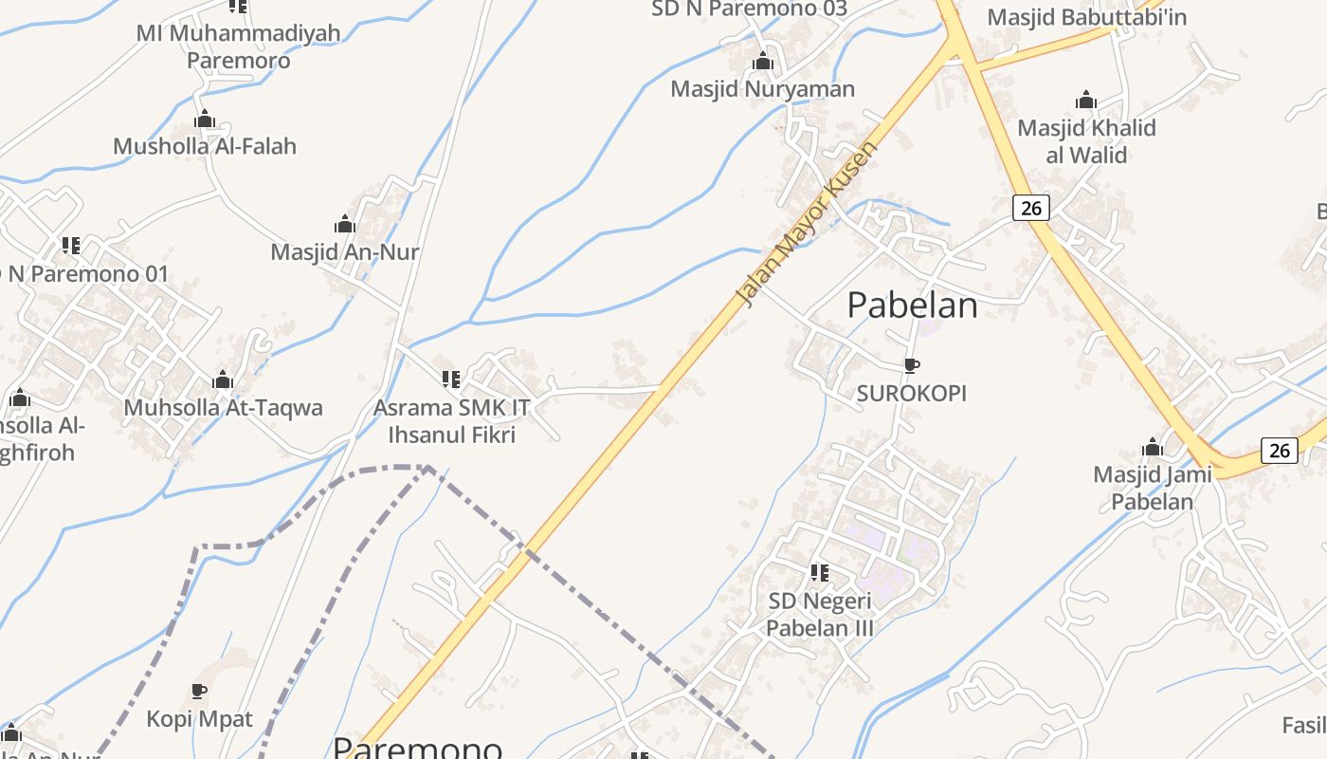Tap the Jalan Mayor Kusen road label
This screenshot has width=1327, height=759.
tap(808, 225)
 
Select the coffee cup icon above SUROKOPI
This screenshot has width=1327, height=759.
tap(912, 365)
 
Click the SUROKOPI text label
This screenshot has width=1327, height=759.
tap(912, 393)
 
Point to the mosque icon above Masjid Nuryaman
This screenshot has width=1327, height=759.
tap(763, 63)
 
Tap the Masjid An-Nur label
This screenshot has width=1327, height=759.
tap(345, 252)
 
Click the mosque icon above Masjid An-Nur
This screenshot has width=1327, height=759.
tap(345, 225)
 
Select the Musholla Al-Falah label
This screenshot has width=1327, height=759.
tap(205, 146)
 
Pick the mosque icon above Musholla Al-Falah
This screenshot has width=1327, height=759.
tap(205, 120)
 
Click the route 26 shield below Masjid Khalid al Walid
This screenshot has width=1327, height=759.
tap(1030, 207)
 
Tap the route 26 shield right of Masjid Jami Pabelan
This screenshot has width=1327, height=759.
tap(1280, 450)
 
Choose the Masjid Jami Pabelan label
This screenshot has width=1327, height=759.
tap(1153, 487)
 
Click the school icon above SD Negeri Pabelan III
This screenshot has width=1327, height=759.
tap(820, 573)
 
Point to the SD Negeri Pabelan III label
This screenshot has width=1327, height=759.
tap(820, 614)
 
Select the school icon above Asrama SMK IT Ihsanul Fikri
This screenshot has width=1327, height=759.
tap(451, 379)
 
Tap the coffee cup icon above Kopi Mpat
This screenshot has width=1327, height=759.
tap(199, 691)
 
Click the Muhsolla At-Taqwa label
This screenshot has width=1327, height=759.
tap(224, 408)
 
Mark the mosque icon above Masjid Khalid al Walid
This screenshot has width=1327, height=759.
tap(1086, 101)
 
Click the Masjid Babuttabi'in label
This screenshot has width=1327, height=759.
tap(1087, 17)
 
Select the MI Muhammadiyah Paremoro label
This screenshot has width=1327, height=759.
tap(239, 46)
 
